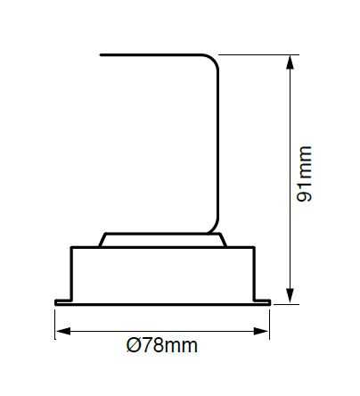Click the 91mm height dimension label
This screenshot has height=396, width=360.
[x=305, y=174]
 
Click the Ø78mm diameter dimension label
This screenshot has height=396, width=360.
[x=162, y=345]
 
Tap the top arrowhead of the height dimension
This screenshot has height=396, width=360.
[x=290, y=62]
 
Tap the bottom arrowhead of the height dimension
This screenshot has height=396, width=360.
[x=290, y=296]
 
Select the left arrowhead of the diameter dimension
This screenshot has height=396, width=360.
[x=63, y=331]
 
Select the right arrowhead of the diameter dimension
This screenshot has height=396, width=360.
[x=261, y=331]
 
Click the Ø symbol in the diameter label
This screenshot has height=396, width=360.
[x=133, y=345]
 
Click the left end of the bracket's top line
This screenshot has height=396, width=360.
[x=101, y=54]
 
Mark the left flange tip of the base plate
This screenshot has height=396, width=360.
[x=56, y=302]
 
